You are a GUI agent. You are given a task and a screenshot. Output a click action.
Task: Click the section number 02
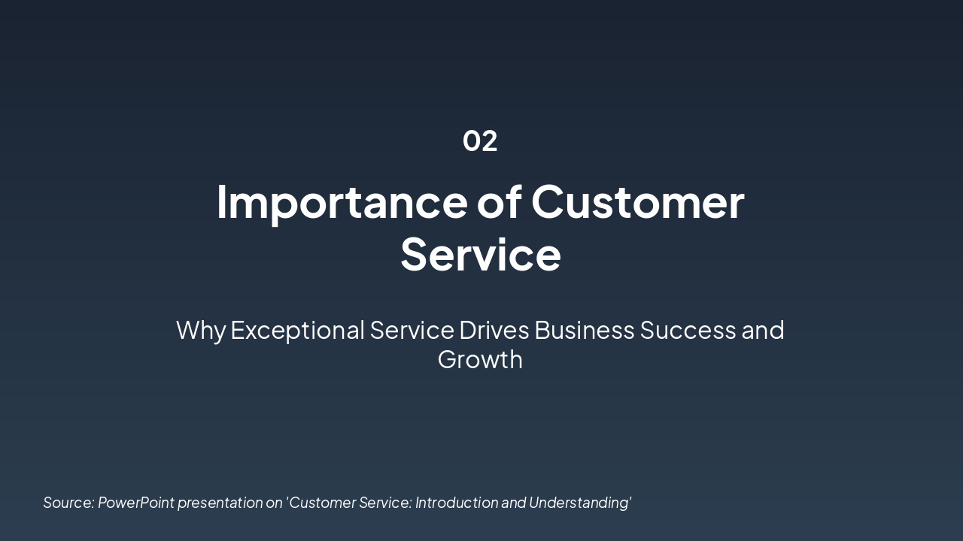click(480, 141)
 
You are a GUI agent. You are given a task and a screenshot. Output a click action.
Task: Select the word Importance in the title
click(342, 201)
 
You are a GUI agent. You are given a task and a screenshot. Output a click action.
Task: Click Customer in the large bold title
click(638, 201)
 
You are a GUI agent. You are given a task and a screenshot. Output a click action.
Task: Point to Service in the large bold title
click(480, 254)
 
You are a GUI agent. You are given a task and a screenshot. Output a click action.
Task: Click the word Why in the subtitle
click(200, 330)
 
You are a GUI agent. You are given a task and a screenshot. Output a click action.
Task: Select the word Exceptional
click(297, 330)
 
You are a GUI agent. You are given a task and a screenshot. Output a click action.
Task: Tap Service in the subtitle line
click(412, 330)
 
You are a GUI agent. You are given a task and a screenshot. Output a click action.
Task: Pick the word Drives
click(494, 330)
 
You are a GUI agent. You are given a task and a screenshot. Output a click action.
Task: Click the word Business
click(585, 330)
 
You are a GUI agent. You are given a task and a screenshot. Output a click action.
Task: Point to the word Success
click(688, 330)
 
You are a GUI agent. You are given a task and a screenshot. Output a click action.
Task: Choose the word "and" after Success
click(763, 330)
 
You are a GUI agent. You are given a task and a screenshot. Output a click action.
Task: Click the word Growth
click(480, 359)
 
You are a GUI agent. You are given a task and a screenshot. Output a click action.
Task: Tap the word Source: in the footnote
click(68, 503)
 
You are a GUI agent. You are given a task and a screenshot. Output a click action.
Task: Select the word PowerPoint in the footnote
click(136, 503)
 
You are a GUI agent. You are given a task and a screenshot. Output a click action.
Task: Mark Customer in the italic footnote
click(321, 503)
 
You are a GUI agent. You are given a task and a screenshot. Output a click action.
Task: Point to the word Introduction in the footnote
click(457, 503)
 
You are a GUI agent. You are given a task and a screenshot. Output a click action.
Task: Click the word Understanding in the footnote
click(580, 503)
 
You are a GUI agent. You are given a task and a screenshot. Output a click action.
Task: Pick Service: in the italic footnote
click(385, 503)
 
